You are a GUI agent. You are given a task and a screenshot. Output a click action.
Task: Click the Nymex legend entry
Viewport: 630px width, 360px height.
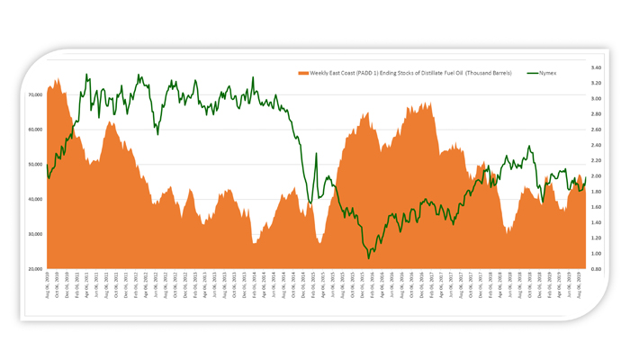coord(547,73)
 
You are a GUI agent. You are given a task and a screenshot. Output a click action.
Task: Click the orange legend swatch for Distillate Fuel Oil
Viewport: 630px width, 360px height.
coord(303,73)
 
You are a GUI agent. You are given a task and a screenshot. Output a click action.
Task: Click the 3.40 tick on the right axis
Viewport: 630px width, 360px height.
coord(596,67)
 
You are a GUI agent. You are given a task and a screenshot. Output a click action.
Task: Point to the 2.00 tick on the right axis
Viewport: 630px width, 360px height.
coord(596,176)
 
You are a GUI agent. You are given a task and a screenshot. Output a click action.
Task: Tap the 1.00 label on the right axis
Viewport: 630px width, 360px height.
coord(596,254)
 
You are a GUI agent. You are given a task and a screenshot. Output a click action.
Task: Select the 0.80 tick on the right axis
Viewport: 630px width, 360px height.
coord(596,269)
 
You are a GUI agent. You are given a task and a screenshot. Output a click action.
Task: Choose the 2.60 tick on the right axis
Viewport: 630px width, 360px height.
coord(596,130)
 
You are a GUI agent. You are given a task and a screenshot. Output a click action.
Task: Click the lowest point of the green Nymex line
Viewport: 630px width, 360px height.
coord(368,258)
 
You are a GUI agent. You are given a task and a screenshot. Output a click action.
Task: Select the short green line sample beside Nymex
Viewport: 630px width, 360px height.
coord(531,73)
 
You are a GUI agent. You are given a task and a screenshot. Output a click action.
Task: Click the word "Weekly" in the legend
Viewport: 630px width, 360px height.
coord(321,73)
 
